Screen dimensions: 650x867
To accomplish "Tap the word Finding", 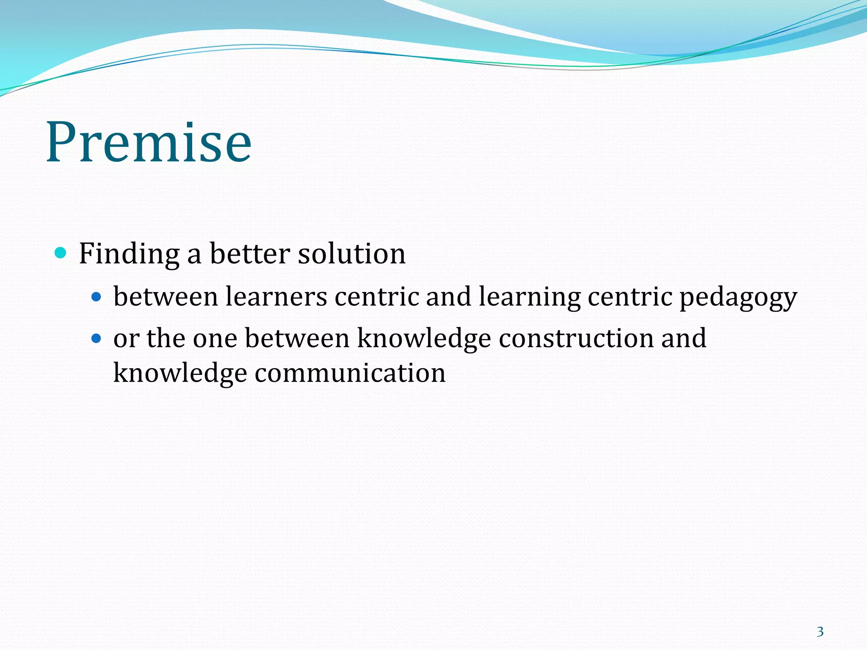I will pyautogui.click(x=129, y=254).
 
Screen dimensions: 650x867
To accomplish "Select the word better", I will pyautogui.click(x=250, y=254).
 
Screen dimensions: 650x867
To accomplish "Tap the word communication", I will pyautogui.click(x=350, y=373).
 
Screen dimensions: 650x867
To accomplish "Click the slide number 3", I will pyautogui.click(x=820, y=632).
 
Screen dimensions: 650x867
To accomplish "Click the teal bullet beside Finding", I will pyautogui.click(x=61, y=253).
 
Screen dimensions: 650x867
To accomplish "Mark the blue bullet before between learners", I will pyautogui.click(x=97, y=297).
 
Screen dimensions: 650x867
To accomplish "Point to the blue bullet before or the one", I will pyautogui.click(x=97, y=339).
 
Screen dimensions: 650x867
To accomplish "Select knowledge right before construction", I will pyautogui.click(x=424, y=339).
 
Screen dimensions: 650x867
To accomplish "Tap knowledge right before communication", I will pyautogui.click(x=180, y=373).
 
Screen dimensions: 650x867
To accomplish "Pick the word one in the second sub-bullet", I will pyautogui.click(x=215, y=339).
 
